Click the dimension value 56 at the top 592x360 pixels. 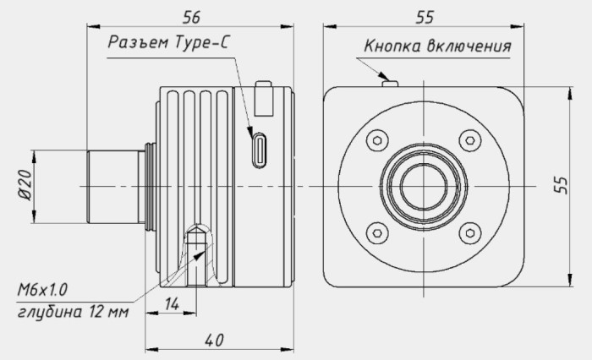click(x=191, y=18)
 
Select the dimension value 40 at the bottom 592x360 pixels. click(x=214, y=340)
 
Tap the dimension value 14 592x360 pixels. click(x=172, y=303)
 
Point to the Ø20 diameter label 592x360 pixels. click(x=25, y=185)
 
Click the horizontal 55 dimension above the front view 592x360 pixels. click(x=425, y=18)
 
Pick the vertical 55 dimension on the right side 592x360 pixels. click(x=562, y=185)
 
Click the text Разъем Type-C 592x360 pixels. click(x=168, y=42)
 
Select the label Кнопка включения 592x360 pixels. click(x=437, y=46)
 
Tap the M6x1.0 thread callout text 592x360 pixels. click(x=42, y=290)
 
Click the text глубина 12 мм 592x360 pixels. click(x=74, y=312)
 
